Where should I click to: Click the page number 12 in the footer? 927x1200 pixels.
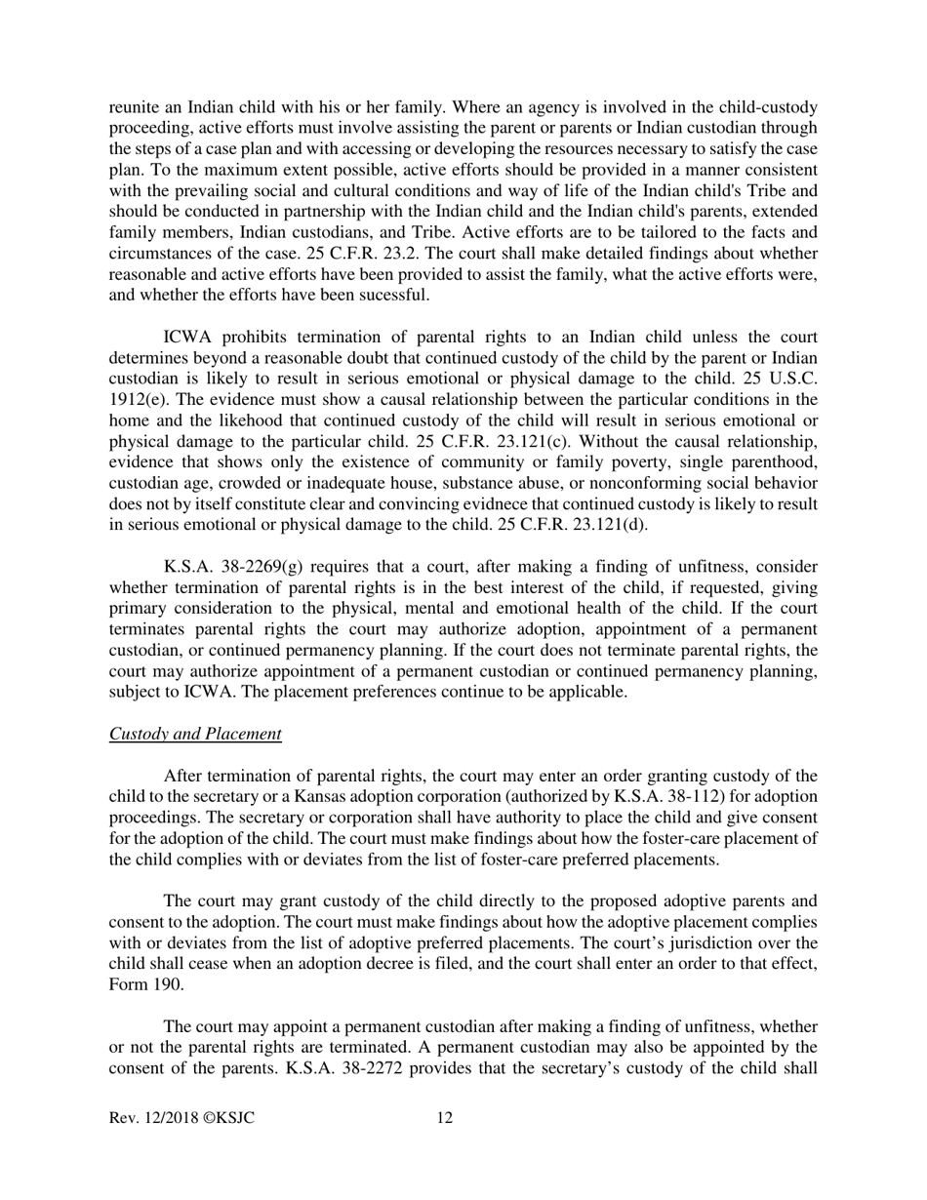(444, 1118)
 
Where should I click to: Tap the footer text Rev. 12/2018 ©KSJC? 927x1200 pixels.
(181, 1118)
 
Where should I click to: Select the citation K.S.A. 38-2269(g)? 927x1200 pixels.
(223, 567)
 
